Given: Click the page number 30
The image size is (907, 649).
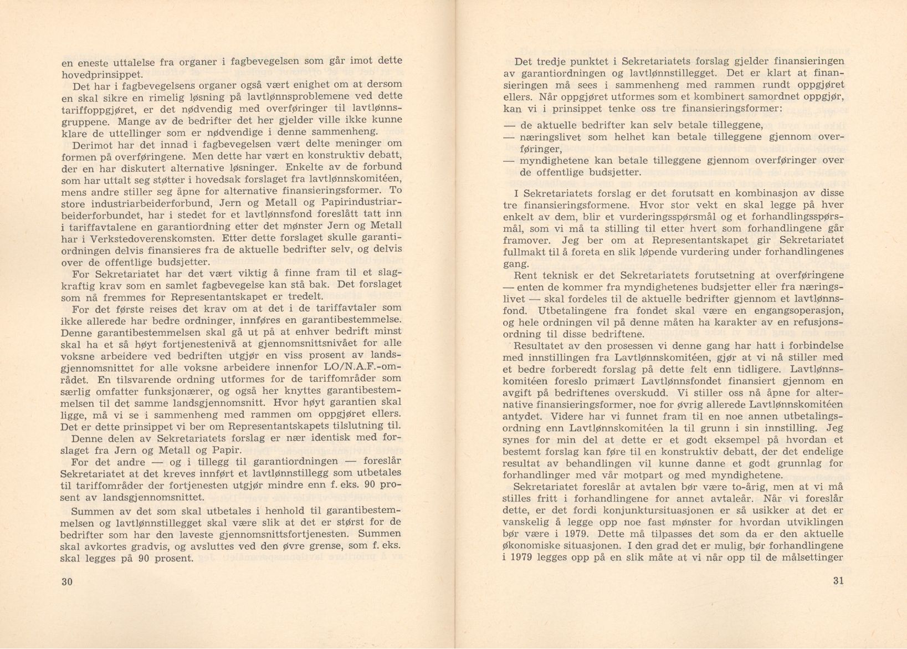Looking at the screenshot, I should pyautogui.click(x=67, y=582).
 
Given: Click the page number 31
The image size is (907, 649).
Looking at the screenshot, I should pyautogui.click(x=837, y=581).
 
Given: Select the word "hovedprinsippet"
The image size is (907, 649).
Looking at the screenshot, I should pyautogui.click(x=100, y=74).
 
